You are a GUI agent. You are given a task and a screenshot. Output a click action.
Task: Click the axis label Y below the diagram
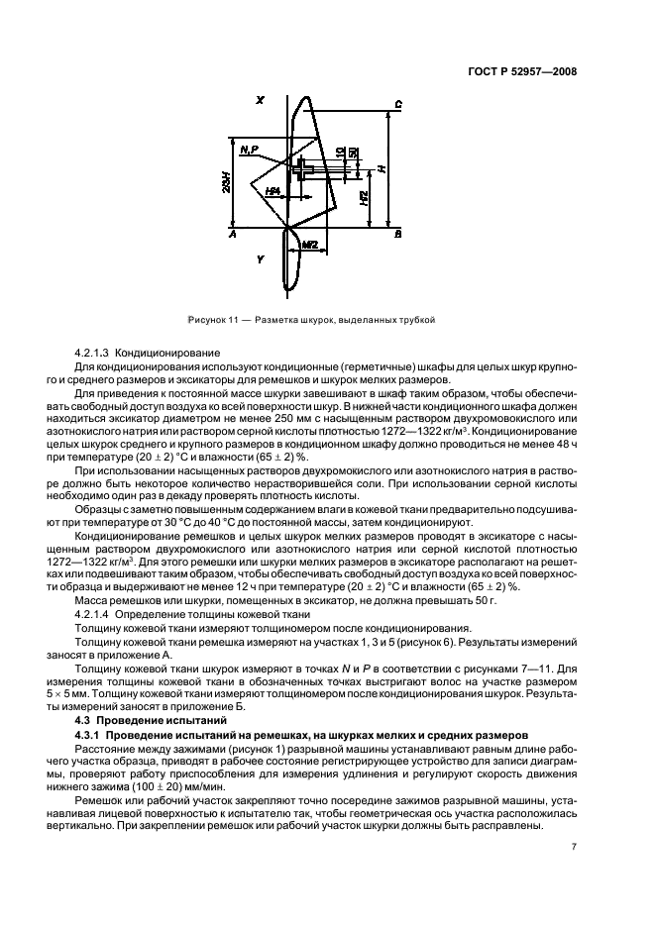point(260,259)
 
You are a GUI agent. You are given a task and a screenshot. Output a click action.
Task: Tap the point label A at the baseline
point(232,236)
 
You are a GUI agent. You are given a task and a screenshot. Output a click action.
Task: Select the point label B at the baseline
point(397,236)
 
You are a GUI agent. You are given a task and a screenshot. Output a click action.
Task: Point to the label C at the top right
point(397,104)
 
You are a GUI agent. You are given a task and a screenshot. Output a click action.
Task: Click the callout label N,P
point(249,150)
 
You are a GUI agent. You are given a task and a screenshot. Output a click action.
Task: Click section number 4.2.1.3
point(95,353)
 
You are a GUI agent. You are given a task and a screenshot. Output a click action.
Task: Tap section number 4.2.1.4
point(95,615)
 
